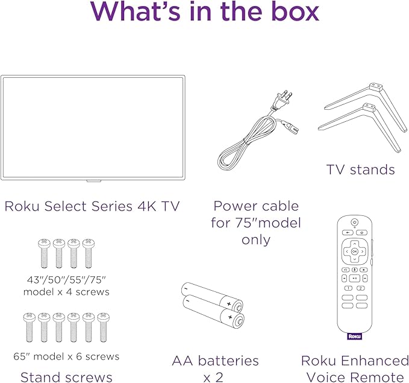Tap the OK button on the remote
click(x=355, y=250)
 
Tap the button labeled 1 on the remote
click(x=347, y=288)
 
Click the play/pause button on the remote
click(x=355, y=279)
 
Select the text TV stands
click(x=360, y=169)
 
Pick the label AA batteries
click(x=215, y=361)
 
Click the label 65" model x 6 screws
click(x=67, y=356)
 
